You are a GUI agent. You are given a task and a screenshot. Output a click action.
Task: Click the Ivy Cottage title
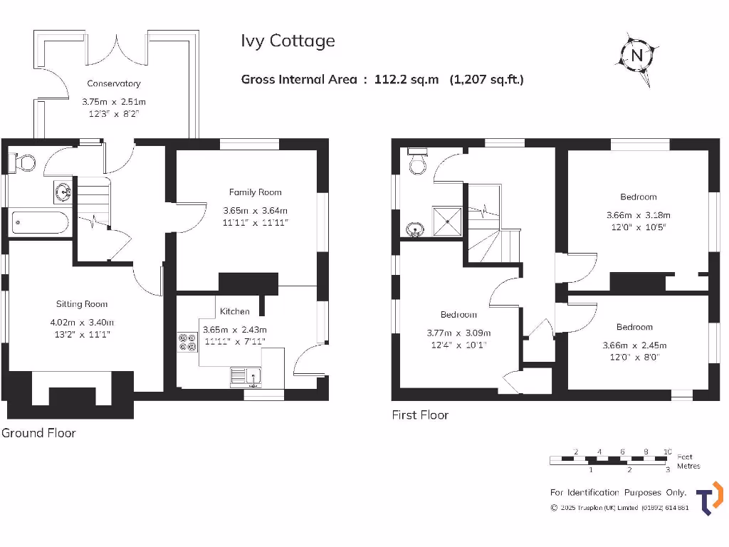click(x=288, y=41)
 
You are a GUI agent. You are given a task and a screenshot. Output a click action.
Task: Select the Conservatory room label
click(x=114, y=83)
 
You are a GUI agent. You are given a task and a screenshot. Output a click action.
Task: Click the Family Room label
click(x=255, y=192)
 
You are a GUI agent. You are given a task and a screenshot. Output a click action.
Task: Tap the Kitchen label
click(x=234, y=311)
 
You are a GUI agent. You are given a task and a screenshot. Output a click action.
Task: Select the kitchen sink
click(x=246, y=377)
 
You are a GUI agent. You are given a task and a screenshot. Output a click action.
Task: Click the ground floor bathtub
click(x=41, y=222)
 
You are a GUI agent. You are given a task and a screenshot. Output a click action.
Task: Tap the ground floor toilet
click(x=23, y=162)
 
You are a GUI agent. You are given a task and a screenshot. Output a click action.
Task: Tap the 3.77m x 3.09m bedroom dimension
click(x=458, y=333)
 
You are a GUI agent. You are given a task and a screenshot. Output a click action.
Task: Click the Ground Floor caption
click(x=38, y=433)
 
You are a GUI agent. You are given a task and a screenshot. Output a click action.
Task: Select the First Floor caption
click(x=420, y=415)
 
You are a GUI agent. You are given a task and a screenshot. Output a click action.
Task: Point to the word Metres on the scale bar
click(x=688, y=467)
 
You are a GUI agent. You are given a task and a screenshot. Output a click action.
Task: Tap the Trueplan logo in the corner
click(x=709, y=497)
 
